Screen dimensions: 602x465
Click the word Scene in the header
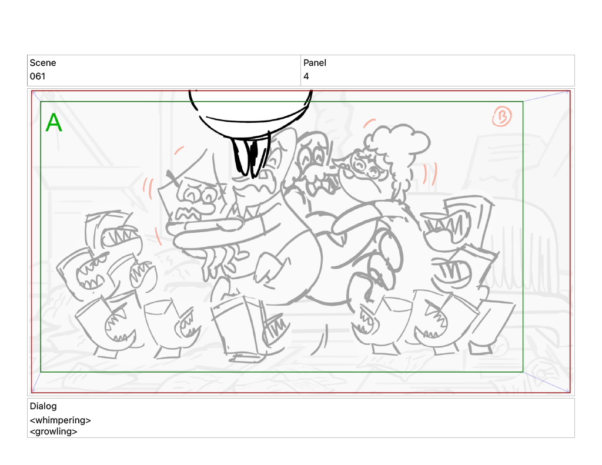(x=42, y=62)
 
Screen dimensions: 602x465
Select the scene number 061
(x=37, y=76)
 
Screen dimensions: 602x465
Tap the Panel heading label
(x=315, y=62)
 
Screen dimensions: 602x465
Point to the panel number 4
(x=306, y=76)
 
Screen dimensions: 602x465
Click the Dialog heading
(x=43, y=406)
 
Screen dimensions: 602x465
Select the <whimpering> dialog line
(x=60, y=420)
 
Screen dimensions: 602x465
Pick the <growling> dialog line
(x=53, y=431)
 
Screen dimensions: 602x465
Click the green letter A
(x=53, y=122)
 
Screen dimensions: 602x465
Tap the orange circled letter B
(x=502, y=116)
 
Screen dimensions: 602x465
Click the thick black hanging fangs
(x=250, y=156)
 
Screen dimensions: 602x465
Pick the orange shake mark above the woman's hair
(x=369, y=122)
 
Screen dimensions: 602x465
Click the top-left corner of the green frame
(x=41, y=102)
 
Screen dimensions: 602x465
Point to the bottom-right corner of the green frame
(x=523, y=372)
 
